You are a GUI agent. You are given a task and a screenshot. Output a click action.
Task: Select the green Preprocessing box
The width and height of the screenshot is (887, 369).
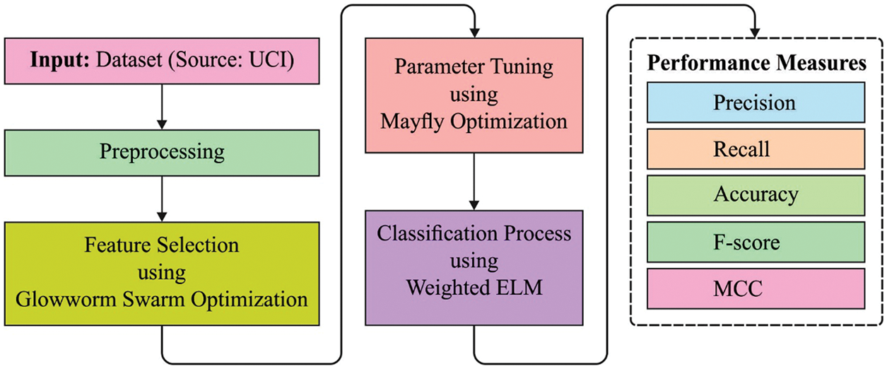[x=162, y=151]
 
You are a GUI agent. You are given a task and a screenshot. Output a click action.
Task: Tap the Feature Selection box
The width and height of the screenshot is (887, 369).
[x=162, y=273]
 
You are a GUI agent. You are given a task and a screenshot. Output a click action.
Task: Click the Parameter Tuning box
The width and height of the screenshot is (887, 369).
[x=474, y=95]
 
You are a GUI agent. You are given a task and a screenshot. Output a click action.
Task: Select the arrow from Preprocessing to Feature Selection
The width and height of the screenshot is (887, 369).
[x=162, y=194]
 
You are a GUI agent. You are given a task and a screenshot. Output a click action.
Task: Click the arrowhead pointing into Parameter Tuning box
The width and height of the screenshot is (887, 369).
[x=474, y=31]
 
